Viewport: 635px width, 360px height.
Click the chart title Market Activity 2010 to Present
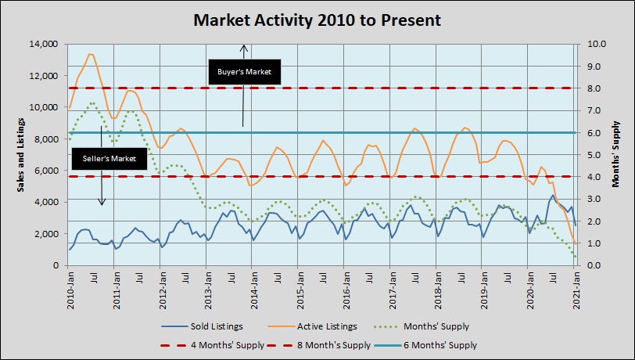click(x=317, y=19)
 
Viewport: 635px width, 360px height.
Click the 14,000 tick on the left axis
click(x=44, y=44)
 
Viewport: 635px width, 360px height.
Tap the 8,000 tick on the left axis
click(x=47, y=139)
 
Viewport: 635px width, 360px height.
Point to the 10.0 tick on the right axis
click(x=590, y=44)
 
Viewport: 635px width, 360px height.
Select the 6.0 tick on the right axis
click(x=591, y=133)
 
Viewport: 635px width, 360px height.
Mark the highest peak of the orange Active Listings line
click(x=90, y=54)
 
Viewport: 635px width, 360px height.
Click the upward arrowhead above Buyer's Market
click(x=244, y=47)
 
